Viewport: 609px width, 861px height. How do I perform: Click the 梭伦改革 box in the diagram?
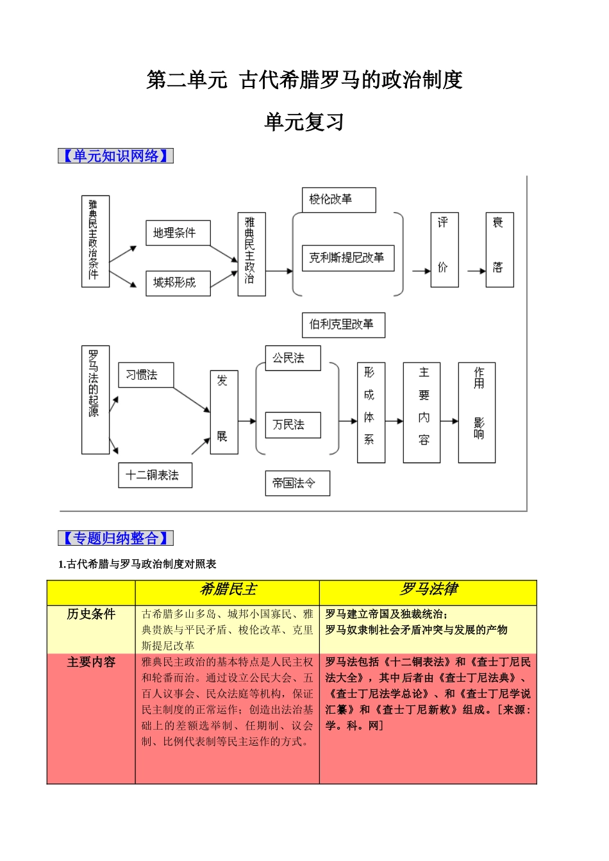(338, 200)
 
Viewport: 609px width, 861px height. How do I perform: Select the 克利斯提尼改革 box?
(347, 258)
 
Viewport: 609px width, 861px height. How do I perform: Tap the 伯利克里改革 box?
(343, 325)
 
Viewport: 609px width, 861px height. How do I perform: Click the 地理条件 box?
(178, 233)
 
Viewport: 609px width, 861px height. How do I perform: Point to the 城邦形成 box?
(178, 283)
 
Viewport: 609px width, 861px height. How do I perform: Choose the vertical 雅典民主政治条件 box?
(95, 241)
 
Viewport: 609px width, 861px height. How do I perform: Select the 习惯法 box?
(146, 375)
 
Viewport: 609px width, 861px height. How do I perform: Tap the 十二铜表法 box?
(154, 475)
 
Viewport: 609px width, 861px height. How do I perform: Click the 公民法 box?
(292, 358)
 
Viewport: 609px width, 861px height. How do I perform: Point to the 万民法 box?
(292, 425)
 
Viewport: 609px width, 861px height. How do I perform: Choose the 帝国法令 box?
(297, 483)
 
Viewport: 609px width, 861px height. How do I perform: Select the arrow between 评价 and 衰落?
(476, 271)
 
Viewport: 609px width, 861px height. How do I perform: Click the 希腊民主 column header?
(227, 590)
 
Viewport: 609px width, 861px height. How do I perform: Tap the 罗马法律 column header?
(428, 590)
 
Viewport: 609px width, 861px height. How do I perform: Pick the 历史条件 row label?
(91, 614)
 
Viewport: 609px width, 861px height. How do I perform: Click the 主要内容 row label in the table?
(91, 662)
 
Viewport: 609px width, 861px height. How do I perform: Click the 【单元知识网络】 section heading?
(115, 156)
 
